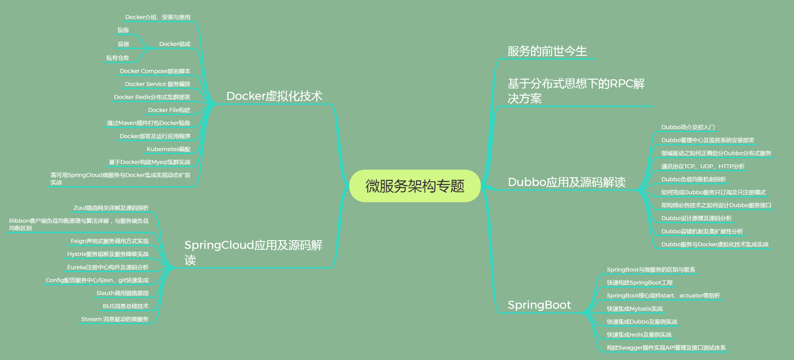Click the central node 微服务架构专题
(x=415, y=186)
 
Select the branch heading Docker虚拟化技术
(x=274, y=96)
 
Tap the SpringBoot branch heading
(x=539, y=305)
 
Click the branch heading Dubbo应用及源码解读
(x=566, y=182)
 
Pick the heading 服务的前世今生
(x=547, y=51)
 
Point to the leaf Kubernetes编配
(x=168, y=149)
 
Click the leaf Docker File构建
(x=169, y=110)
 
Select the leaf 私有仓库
(x=118, y=58)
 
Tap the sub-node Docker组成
(x=174, y=44)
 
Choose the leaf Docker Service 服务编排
(x=157, y=84)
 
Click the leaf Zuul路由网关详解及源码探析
(x=111, y=208)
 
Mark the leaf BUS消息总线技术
(x=126, y=306)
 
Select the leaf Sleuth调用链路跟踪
(x=123, y=293)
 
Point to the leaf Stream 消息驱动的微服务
(x=115, y=319)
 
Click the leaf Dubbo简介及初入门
(x=688, y=127)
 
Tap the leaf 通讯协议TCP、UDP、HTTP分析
(x=702, y=166)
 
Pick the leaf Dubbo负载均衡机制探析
(x=693, y=179)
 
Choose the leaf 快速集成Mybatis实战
(x=634, y=309)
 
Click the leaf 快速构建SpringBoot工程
(x=640, y=282)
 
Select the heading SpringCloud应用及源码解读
(x=253, y=252)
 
